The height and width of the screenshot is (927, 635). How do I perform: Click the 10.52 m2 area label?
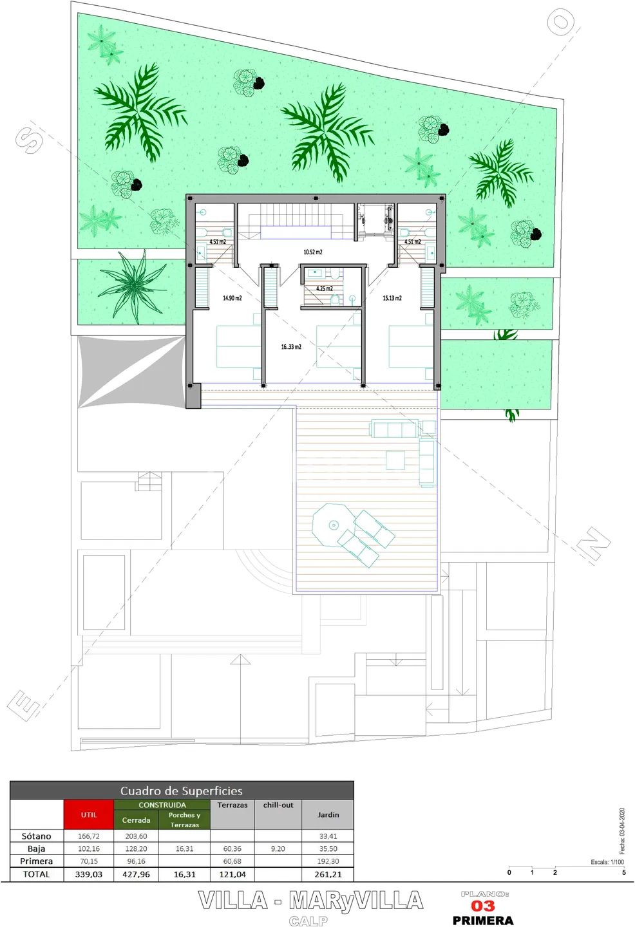(313, 252)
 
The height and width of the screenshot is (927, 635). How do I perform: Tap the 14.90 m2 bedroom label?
(232, 298)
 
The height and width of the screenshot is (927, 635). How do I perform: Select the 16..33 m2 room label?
(292, 347)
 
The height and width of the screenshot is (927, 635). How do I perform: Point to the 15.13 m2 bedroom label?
(392, 298)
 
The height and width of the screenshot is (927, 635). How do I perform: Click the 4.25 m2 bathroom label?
(325, 288)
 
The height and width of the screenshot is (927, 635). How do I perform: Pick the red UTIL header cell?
(89, 814)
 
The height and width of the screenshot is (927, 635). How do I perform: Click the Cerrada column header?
(136, 820)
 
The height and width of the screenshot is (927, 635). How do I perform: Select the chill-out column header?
(278, 805)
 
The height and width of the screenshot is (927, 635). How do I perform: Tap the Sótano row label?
(37, 836)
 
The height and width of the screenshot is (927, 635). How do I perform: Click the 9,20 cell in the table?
(278, 848)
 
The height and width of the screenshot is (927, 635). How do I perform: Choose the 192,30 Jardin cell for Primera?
(328, 861)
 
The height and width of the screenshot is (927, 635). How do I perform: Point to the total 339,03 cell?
(89, 874)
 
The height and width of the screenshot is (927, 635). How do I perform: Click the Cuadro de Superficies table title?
(182, 791)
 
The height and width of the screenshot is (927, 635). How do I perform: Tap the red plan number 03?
(483, 906)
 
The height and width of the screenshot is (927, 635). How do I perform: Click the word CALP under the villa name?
(308, 921)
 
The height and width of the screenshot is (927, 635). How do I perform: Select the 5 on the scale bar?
(624, 872)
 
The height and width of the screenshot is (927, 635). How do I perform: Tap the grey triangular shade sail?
(131, 371)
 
